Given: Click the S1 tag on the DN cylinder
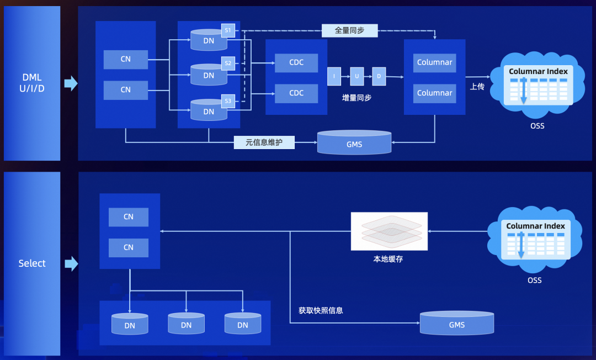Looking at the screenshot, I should (228, 30).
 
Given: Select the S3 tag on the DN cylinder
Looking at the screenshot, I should (228, 101).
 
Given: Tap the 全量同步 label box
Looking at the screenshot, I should (349, 30).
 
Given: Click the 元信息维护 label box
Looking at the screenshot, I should (264, 143).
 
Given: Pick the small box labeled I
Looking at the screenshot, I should (334, 76).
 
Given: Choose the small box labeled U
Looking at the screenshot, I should (357, 76).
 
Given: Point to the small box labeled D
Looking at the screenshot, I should (379, 76).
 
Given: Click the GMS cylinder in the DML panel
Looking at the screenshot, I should (354, 143).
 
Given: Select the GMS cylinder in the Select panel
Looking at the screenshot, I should (457, 324).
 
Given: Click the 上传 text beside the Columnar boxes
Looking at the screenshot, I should (477, 87).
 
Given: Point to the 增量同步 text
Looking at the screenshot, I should (356, 98).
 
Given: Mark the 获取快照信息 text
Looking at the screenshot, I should (321, 310).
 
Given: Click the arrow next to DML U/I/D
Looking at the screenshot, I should (71, 83).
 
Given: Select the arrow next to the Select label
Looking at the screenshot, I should (71, 263).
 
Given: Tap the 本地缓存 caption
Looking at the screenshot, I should (389, 258).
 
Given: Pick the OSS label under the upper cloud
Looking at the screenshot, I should (537, 126).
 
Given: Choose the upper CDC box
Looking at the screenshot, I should (296, 62).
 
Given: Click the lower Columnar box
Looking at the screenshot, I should (435, 93).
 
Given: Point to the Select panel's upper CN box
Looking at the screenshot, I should (129, 217).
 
